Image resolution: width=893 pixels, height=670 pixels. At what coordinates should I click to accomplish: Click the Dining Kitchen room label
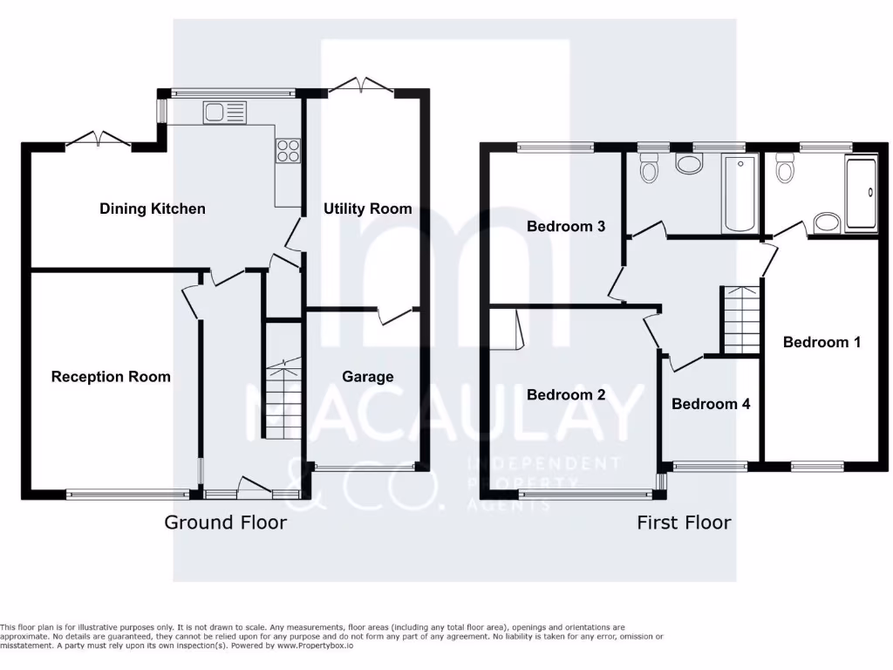[153, 209]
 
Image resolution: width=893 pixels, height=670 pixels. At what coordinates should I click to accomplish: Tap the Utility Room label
[367, 209]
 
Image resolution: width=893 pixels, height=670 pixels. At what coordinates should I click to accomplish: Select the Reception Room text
[111, 377]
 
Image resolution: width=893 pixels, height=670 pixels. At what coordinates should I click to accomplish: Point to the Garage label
[367, 377]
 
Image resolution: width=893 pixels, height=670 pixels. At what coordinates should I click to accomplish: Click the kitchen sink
[225, 112]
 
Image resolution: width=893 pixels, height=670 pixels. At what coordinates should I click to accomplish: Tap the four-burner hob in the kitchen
[288, 151]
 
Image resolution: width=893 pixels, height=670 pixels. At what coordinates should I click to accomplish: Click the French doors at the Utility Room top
[360, 86]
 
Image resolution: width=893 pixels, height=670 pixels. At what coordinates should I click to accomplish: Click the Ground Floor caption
[225, 523]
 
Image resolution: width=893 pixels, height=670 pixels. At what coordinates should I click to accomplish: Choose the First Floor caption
[684, 523]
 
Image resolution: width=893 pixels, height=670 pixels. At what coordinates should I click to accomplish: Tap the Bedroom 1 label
[821, 342]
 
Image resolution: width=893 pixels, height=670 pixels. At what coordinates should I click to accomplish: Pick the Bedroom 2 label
[566, 395]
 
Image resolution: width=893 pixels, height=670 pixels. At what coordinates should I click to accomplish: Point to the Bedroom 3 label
[566, 227]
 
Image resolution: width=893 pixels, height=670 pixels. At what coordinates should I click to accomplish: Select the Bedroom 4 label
[711, 404]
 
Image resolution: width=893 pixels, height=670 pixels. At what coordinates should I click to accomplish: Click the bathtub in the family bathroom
[739, 193]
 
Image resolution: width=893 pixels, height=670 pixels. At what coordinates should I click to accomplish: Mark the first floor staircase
[740, 320]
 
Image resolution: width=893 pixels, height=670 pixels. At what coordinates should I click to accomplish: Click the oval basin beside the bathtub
[690, 164]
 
